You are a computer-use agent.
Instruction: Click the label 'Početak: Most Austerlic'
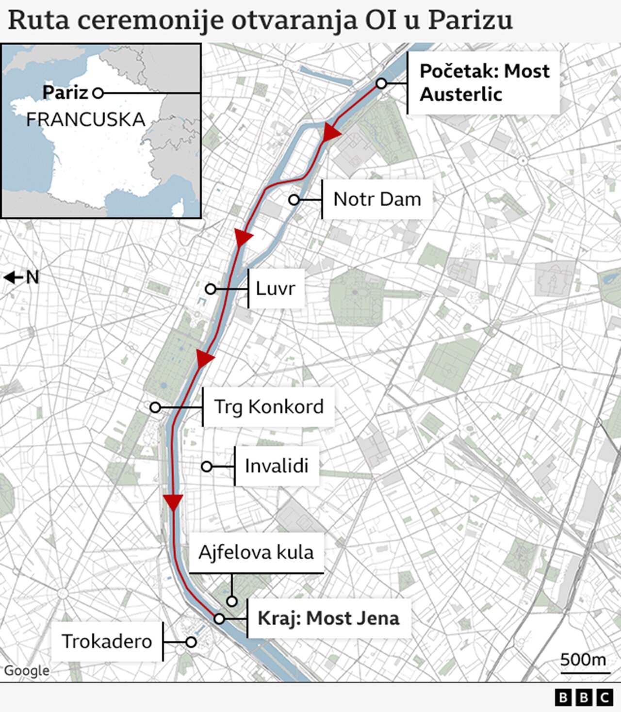pyautogui.click(x=484, y=82)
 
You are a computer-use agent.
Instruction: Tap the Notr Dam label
pyautogui.click(x=377, y=199)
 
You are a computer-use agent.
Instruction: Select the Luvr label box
pyautogui.click(x=276, y=289)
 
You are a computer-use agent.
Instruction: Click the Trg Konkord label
pyautogui.click(x=269, y=407)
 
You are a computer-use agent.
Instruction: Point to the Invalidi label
pyautogui.click(x=277, y=466)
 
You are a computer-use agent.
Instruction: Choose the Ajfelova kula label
pyautogui.click(x=256, y=552)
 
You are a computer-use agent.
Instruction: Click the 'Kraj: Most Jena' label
pyautogui.click(x=328, y=618)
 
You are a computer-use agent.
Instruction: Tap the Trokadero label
pyautogui.click(x=107, y=641)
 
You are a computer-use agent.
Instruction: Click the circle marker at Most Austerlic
pyautogui.click(x=381, y=84)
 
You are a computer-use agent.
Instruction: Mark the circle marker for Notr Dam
pyautogui.click(x=294, y=200)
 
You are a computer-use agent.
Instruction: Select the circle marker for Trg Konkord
pyautogui.click(x=155, y=407)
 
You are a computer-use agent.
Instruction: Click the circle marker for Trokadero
pyautogui.click(x=191, y=642)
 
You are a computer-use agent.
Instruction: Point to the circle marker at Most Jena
pyautogui.click(x=219, y=619)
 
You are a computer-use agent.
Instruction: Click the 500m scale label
pyautogui.click(x=583, y=660)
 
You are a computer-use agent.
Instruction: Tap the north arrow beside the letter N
pyautogui.click(x=13, y=277)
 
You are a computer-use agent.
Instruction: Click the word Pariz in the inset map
pyautogui.click(x=65, y=92)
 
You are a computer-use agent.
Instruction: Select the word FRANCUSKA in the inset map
pyautogui.click(x=85, y=119)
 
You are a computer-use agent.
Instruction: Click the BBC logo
pyautogui.click(x=584, y=697)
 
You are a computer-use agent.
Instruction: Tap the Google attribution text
pyautogui.click(x=27, y=670)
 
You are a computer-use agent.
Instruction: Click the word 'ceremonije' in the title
pyautogui.click(x=150, y=20)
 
